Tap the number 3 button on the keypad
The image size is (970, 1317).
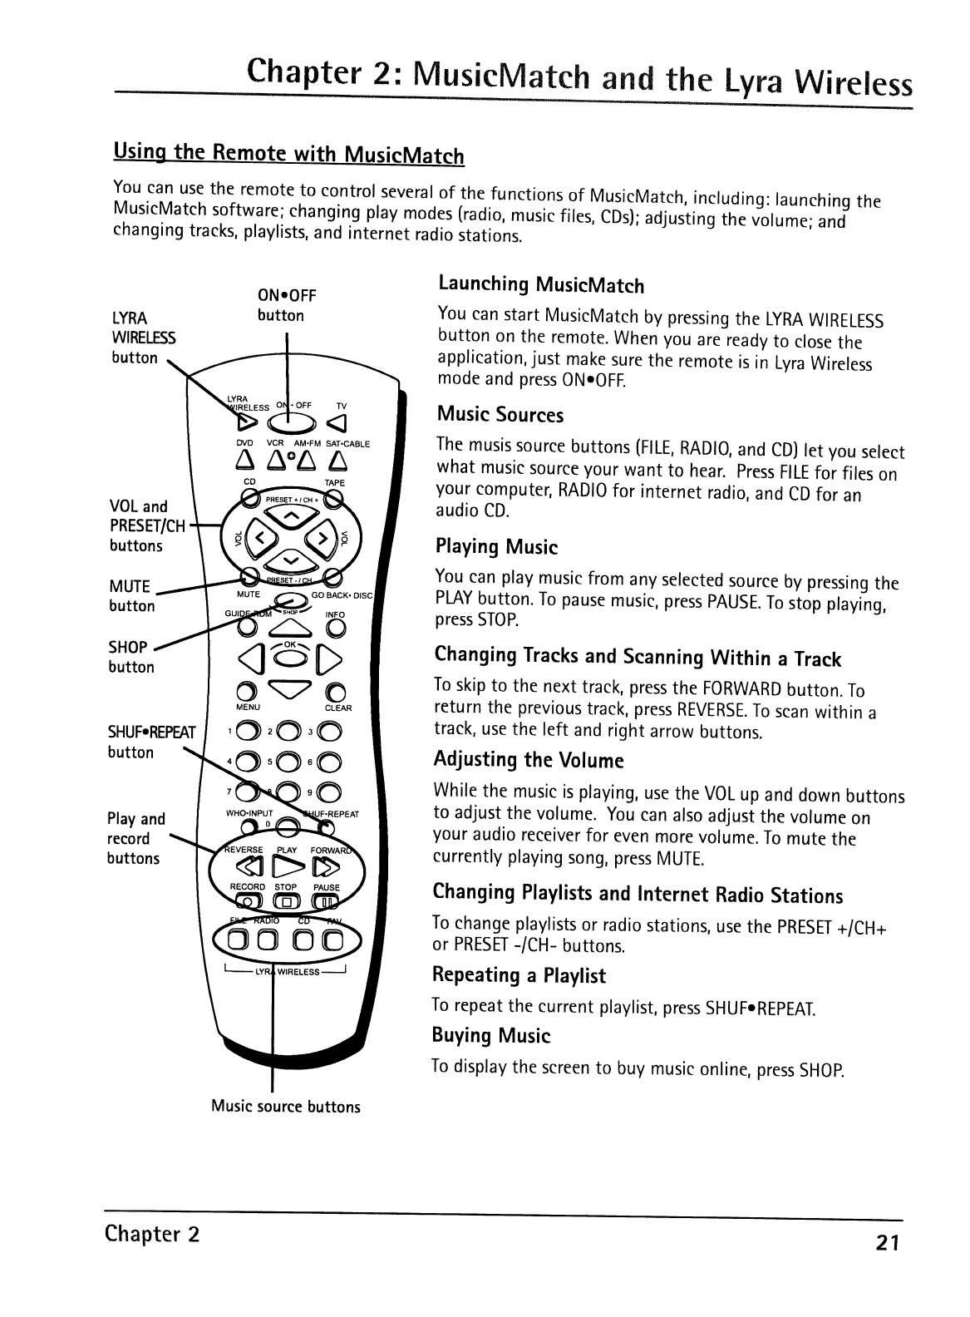[x=327, y=732]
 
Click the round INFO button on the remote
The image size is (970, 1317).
[x=335, y=631]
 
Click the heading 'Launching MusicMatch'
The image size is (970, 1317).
[x=540, y=286]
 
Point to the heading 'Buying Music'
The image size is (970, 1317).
[x=490, y=1036]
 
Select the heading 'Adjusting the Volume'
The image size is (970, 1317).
[x=528, y=760]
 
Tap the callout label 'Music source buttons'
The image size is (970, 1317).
[x=285, y=1107]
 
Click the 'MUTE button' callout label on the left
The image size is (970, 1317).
[x=131, y=596]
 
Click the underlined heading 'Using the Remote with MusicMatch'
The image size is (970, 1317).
[x=288, y=155]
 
